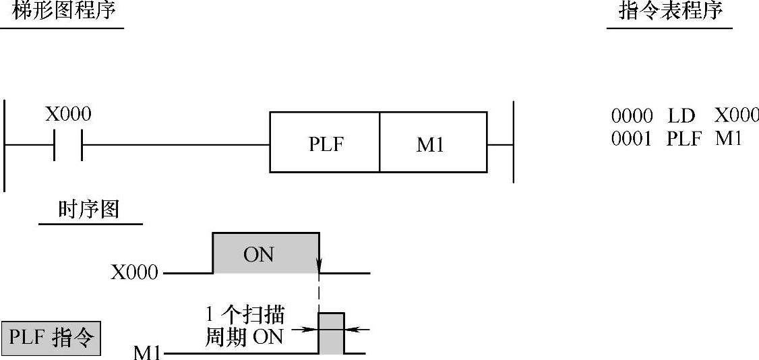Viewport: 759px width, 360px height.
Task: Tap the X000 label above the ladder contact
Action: pos(68,115)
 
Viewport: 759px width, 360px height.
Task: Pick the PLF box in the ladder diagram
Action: pos(325,143)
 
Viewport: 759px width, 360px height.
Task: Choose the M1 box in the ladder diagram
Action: pos(432,143)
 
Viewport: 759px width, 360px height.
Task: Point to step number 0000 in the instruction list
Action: pos(632,116)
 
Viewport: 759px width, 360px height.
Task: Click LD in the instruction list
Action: pos(681,116)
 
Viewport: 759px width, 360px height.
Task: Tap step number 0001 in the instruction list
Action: pos(632,138)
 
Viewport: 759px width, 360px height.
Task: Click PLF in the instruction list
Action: pos(685,138)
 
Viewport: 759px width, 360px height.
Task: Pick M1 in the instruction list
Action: pos(729,138)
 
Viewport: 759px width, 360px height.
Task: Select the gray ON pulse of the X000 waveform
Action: pos(266,253)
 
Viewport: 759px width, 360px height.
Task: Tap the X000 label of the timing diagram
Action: pos(135,273)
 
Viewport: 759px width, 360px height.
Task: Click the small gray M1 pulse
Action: pos(331,333)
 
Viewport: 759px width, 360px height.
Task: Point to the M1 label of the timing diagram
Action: pos(148,352)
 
